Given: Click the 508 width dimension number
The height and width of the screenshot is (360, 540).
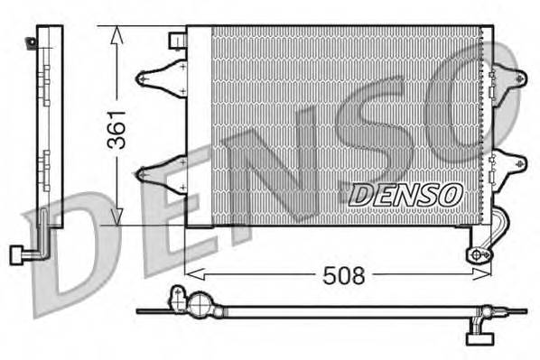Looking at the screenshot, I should click(x=344, y=275).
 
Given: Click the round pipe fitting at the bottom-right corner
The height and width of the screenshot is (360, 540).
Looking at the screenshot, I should click(x=477, y=255).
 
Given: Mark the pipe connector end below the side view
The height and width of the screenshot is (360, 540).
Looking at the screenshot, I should click(x=15, y=254).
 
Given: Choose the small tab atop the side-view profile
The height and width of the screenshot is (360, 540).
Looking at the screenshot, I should click(x=33, y=40).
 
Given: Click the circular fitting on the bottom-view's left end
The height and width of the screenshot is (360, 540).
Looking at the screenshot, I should click(x=179, y=297).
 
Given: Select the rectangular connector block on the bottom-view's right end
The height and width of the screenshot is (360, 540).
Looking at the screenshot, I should click(x=476, y=338).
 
